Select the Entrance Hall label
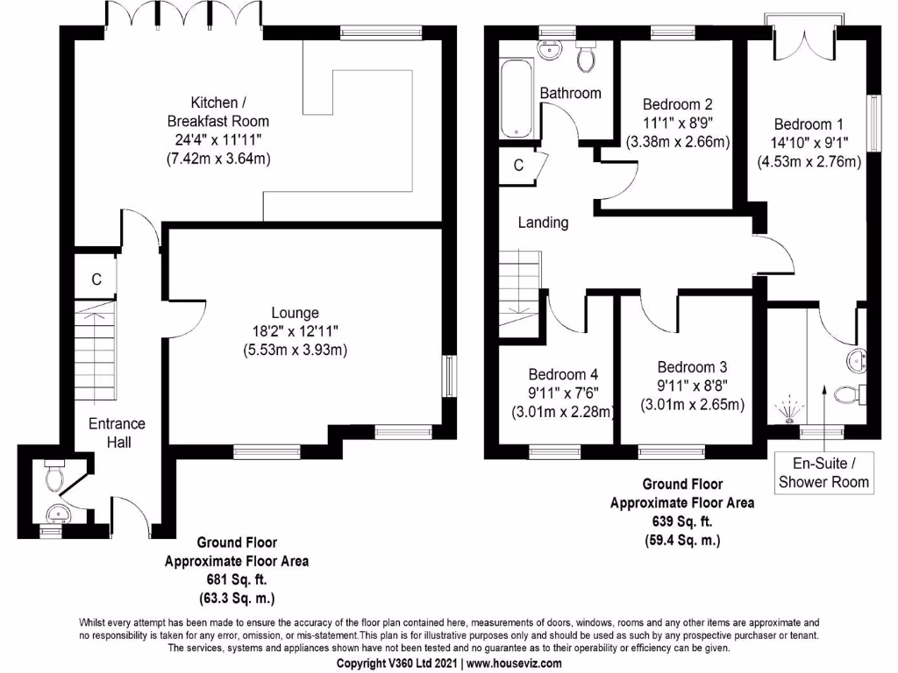pos(117,433)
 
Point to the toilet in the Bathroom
pos(586,58)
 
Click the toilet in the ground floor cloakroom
pos(54,477)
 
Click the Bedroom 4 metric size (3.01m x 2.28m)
pos(561,411)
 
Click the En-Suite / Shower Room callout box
pos(823,473)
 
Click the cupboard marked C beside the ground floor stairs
pos(97,280)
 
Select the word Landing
pos(543,223)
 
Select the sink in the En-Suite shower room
pos(856,360)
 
